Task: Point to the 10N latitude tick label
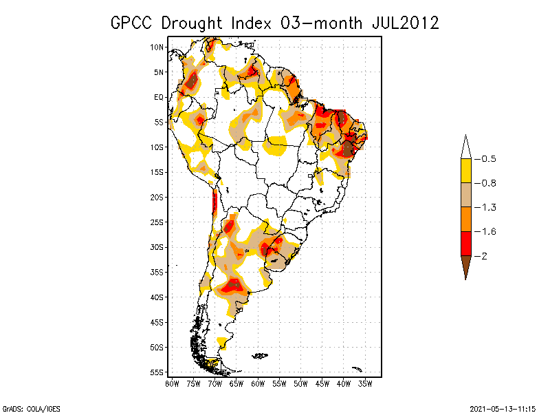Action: click(157, 47)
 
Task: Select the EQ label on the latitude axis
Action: click(159, 97)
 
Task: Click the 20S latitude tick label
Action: click(157, 197)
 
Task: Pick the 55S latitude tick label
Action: click(157, 372)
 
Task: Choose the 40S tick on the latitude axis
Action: click(157, 297)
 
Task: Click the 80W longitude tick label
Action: click(172, 383)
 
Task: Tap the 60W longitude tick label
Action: click(258, 383)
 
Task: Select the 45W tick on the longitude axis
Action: click(322, 383)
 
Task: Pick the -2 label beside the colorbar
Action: click(485, 255)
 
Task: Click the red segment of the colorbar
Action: click(465, 243)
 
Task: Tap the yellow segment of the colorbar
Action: click(465, 171)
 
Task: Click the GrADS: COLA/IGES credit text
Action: click(25, 407)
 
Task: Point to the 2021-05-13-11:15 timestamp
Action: click(503, 407)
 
